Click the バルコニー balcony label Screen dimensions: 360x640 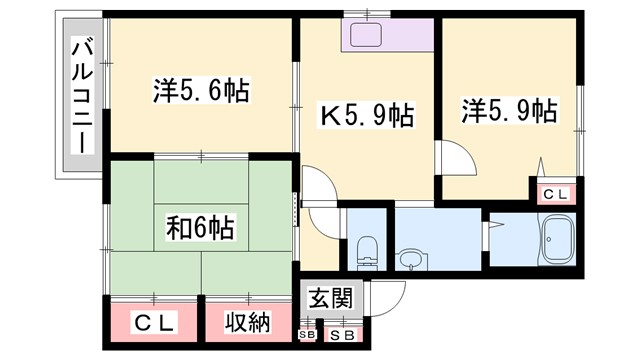81,96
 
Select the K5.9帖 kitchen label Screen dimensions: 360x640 366,114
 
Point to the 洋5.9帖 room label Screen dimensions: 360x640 509,110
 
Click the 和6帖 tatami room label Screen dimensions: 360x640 200,228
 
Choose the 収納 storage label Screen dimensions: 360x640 247,322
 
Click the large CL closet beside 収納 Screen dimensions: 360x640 155,322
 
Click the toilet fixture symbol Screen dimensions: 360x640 365,250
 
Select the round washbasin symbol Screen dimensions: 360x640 409,259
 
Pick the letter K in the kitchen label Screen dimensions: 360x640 326,115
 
